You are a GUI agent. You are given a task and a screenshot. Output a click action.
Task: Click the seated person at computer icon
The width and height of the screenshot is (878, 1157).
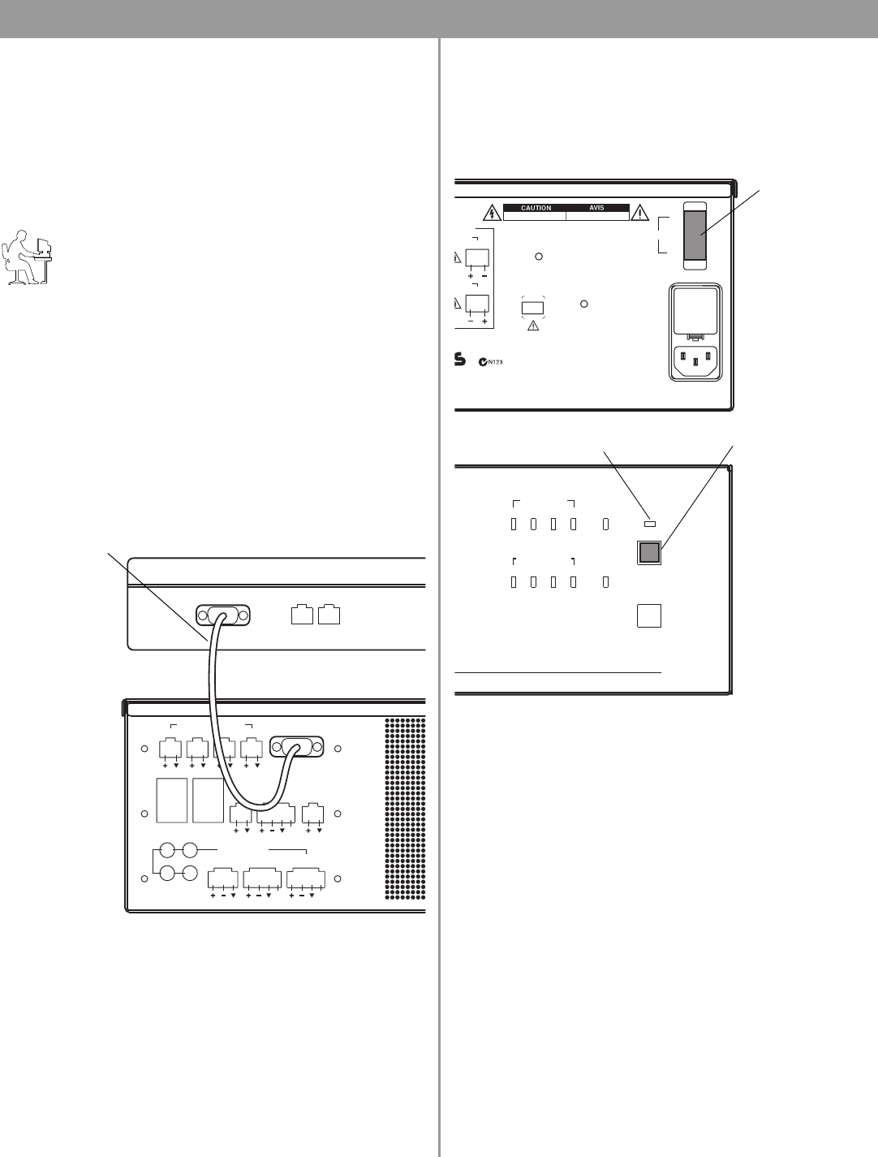[x=27, y=257]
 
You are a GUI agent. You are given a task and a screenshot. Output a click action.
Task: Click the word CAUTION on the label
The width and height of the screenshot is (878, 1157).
[x=536, y=208]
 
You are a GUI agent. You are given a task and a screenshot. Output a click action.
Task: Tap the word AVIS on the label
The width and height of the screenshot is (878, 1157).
[x=596, y=208]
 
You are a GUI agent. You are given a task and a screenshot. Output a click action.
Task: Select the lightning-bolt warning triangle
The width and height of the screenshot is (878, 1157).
[x=492, y=213]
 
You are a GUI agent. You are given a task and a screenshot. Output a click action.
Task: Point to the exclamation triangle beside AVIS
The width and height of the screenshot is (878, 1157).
[x=640, y=213]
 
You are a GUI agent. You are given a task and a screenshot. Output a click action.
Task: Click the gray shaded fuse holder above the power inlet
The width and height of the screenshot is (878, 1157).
[x=695, y=235]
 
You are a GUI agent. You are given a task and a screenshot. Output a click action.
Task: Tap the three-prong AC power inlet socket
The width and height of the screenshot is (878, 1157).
[x=695, y=360]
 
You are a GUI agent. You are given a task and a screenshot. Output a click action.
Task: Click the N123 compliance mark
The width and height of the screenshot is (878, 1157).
[x=490, y=362]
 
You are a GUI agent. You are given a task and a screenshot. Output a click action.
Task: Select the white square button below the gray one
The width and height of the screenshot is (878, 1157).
[x=649, y=615]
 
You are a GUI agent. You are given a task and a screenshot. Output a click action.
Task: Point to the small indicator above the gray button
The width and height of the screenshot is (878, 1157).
[x=650, y=524]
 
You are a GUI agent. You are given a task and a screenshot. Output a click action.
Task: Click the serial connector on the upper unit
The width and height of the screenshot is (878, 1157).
[x=223, y=615]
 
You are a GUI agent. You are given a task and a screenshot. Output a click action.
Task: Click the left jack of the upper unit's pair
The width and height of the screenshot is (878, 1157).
[x=302, y=615]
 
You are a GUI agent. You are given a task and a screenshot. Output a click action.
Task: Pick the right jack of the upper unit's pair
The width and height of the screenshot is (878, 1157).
[x=329, y=615]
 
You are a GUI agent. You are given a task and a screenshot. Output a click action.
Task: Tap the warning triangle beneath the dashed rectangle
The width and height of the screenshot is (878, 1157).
[x=533, y=326]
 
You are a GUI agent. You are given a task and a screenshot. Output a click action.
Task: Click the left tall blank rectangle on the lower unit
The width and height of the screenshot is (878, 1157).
[x=172, y=800]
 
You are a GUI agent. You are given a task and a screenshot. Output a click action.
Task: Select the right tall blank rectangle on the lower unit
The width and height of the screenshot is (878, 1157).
[x=208, y=800]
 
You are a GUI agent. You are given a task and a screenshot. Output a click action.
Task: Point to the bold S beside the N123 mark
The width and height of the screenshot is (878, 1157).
[x=460, y=360]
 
